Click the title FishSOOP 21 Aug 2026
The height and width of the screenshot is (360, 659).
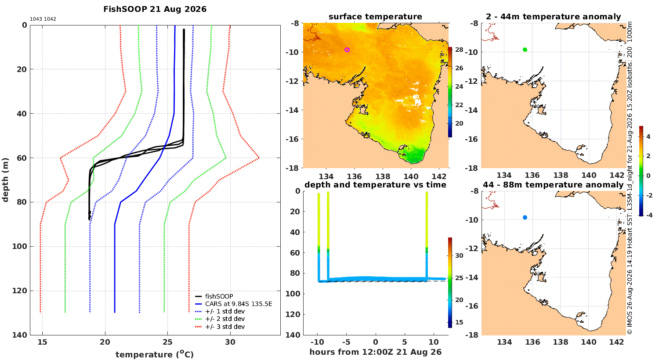[x=155, y=9]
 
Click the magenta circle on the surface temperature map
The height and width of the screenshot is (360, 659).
[x=347, y=50]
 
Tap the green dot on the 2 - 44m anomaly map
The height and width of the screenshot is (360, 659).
[x=525, y=50]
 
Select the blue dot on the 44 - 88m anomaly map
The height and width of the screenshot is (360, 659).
[x=525, y=217]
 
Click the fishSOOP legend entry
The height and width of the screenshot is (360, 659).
[x=219, y=296]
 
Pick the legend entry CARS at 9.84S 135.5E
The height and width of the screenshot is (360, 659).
[x=239, y=303]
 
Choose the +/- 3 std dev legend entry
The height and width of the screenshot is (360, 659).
[x=225, y=327]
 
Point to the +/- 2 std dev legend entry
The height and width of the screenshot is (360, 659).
[x=225, y=319]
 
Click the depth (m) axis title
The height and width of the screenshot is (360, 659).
[x=5, y=180]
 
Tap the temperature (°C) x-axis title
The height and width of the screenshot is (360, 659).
[x=155, y=354]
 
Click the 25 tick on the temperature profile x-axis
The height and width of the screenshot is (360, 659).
[x=168, y=342]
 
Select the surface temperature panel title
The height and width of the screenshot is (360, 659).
[x=375, y=16]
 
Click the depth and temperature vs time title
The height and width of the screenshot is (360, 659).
[x=375, y=184]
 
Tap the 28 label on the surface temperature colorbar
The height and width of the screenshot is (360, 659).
[x=459, y=50]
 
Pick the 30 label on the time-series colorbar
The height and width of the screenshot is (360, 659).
[x=459, y=256]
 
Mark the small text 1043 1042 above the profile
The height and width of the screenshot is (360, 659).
[x=43, y=19]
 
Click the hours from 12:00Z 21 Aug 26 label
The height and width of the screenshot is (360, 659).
[x=375, y=352]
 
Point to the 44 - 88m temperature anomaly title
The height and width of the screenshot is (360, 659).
[x=553, y=184]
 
